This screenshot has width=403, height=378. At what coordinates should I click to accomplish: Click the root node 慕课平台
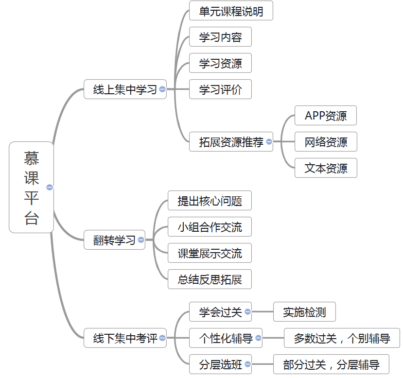click(x=31, y=187)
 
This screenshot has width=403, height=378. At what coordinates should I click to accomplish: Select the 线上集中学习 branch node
click(x=125, y=89)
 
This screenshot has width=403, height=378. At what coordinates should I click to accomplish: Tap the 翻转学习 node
click(x=114, y=240)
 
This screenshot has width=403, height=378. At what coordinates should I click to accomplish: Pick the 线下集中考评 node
click(x=125, y=338)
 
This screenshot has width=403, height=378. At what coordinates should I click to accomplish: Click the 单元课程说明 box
click(x=231, y=11)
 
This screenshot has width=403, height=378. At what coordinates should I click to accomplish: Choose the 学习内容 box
click(x=220, y=37)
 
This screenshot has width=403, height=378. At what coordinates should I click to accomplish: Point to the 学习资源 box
click(x=220, y=63)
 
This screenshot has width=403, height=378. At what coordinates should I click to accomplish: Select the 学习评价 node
click(x=220, y=89)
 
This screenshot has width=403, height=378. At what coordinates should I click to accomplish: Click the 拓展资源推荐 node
click(x=231, y=142)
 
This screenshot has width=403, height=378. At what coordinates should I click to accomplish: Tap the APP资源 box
click(x=326, y=116)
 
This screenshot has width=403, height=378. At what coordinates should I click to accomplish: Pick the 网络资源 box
click(x=326, y=142)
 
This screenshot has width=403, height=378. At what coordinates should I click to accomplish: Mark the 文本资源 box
click(x=326, y=168)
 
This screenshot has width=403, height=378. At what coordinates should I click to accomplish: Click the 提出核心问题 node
click(x=210, y=200)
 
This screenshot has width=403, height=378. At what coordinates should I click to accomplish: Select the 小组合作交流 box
click(x=210, y=226)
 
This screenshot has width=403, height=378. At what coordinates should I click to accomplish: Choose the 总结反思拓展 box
click(x=210, y=279)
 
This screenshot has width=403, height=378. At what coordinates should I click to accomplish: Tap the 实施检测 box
click(x=304, y=312)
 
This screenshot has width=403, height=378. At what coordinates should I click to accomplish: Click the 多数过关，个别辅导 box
click(x=342, y=338)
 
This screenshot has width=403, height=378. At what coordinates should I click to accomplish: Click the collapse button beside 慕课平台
click(x=50, y=187)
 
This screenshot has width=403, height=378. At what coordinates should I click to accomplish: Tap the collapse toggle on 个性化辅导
click(x=259, y=338)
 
